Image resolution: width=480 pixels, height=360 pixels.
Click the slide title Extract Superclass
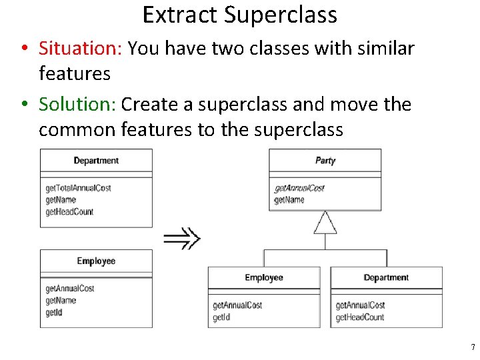239,15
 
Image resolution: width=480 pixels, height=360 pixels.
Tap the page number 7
473,347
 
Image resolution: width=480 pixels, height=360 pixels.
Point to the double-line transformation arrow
182,237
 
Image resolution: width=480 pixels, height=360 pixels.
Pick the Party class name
325,161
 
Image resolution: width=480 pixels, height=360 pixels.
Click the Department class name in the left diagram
96,161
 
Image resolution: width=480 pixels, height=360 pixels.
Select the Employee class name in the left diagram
96,261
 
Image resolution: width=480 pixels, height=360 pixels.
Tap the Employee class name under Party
264,278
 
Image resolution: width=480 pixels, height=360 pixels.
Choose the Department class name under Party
386,278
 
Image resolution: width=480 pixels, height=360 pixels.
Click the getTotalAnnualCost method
78,188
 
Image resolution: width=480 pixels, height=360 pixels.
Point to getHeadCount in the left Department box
69,212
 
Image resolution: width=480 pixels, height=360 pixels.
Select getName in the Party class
289,200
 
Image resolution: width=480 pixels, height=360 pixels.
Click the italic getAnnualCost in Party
299,188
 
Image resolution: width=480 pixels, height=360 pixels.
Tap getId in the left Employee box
54,313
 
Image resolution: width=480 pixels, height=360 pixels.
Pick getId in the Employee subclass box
221,317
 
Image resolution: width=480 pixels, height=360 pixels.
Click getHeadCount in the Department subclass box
360,317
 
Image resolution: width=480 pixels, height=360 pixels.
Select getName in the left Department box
61,200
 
